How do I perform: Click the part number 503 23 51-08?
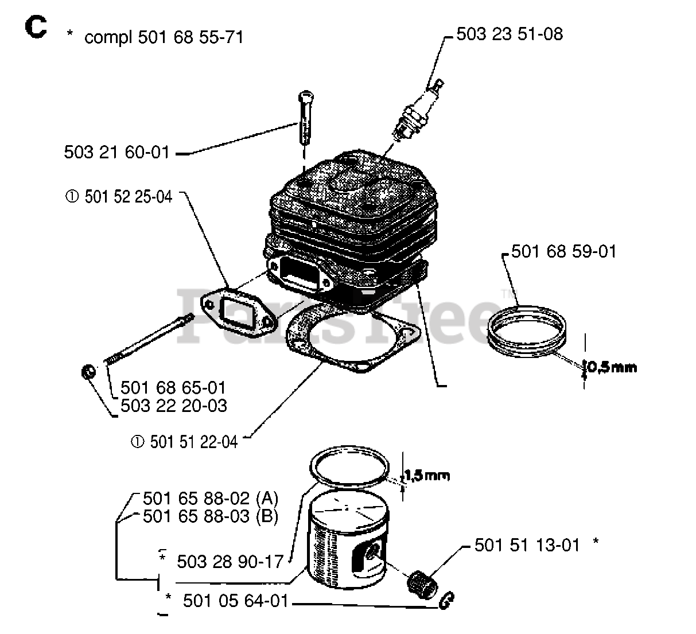(x=510, y=34)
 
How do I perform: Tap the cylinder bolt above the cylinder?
(x=305, y=118)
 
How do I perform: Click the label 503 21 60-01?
(x=116, y=153)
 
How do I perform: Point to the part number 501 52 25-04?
(x=128, y=197)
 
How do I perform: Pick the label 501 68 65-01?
(x=173, y=388)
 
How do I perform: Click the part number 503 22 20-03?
(x=173, y=406)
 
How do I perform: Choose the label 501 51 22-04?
(x=193, y=442)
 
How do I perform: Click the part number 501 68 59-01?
(x=563, y=251)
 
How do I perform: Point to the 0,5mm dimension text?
(x=612, y=368)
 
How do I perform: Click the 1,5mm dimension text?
(x=427, y=475)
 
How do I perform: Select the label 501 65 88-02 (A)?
(x=210, y=497)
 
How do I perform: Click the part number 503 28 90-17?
(x=230, y=561)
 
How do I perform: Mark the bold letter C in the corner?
(x=35, y=28)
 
